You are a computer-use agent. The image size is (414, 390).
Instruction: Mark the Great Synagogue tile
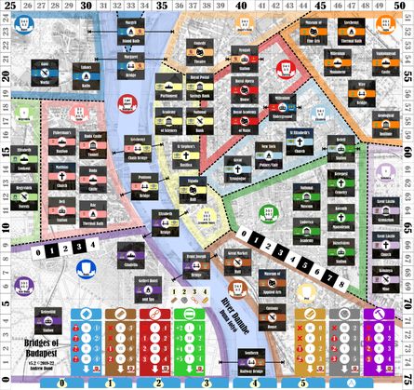(x=243, y=168)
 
